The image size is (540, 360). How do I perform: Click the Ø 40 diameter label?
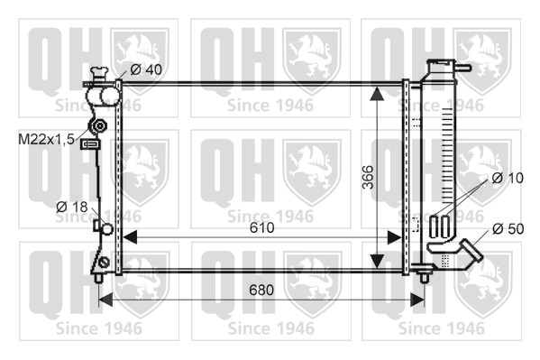click(146, 69)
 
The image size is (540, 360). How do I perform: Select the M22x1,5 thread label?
click(46, 139)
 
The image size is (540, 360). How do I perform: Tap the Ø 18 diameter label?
click(72, 207)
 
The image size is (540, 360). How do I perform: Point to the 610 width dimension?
click(261, 227)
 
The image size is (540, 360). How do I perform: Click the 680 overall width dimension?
click(261, 290)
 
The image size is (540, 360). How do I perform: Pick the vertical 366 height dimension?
click(368, 177)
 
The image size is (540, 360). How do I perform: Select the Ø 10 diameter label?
click(508, 178)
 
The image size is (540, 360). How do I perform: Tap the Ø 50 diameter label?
click(508, 228)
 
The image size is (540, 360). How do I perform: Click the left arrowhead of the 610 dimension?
click(130, 237)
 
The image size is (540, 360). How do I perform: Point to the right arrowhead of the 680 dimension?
click(417, 300)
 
